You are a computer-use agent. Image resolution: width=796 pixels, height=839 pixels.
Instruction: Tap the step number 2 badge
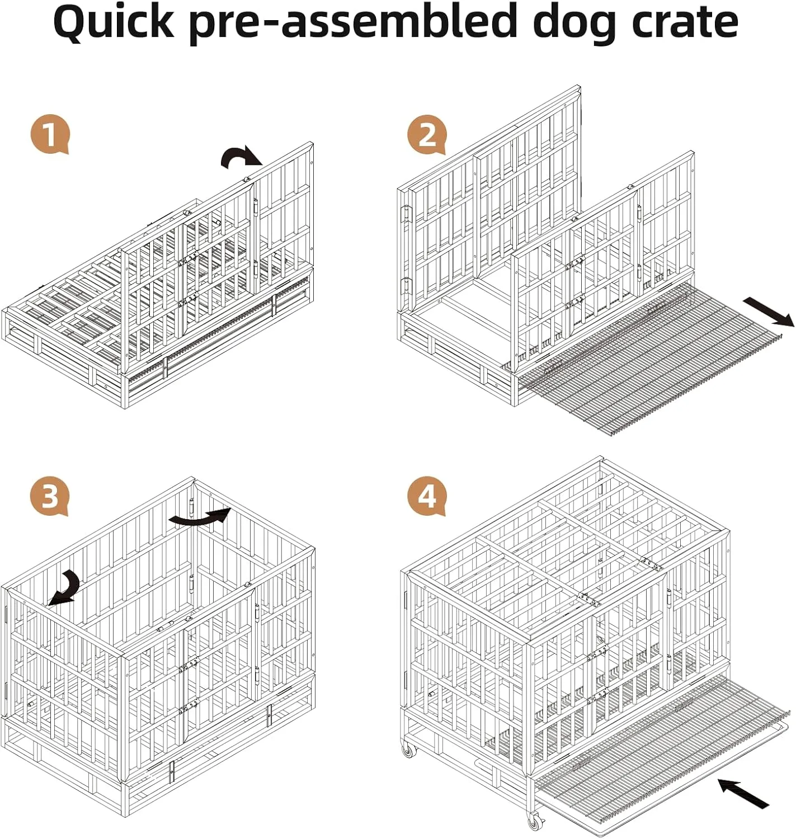[x=426, y=135]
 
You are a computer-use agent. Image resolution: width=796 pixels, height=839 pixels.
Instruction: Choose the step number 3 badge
[x=50, y=496]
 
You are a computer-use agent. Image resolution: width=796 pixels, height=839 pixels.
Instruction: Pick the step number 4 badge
[x=426, y=496]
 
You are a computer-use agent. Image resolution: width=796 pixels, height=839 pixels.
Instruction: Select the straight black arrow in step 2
[x=769, y=312]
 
